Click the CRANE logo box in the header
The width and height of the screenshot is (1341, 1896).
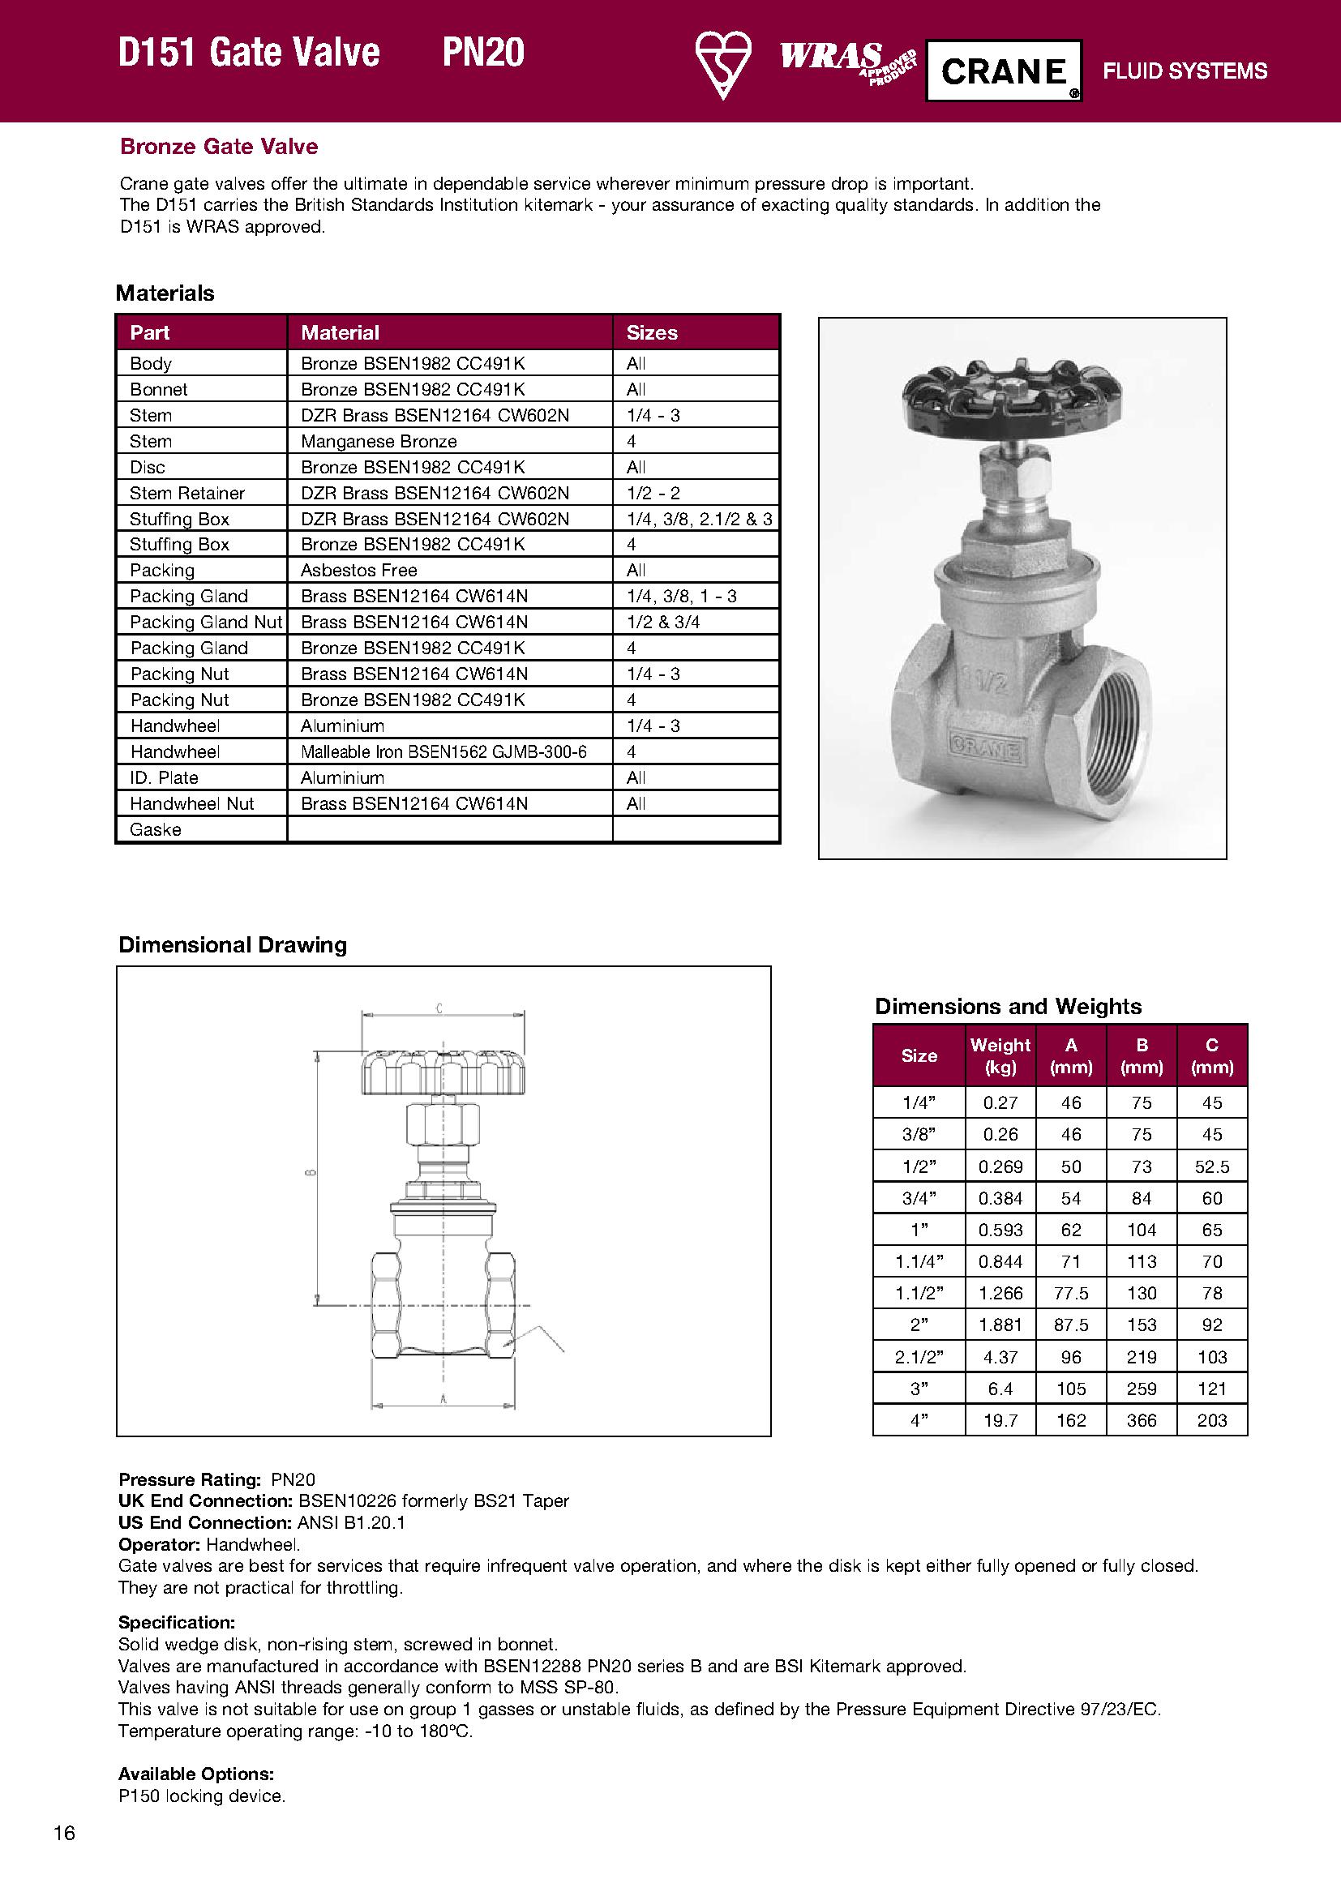click(1003, 71)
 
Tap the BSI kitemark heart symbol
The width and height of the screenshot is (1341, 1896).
click(722, 65)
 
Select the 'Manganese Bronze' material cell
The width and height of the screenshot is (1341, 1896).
click(378, 441)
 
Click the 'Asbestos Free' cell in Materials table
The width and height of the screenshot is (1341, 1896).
click(358, 570)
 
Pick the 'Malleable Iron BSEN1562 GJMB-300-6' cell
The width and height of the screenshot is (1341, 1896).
click(443, 751)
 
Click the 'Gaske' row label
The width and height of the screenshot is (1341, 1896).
click(155, 829)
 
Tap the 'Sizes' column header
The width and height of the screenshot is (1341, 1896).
click(652, 333)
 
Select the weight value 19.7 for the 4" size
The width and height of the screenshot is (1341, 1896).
click(1000, 1420)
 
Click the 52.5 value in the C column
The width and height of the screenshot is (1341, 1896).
click(1211, 1166)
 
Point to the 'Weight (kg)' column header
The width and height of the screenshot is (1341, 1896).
click(1000, 1055)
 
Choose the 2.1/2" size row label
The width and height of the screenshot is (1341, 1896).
click(919, 1357)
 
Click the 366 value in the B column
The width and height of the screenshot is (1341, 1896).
click(1142, 1420)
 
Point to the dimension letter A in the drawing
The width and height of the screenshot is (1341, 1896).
click(443, 1399)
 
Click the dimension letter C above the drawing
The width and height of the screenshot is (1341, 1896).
click(439, 1008)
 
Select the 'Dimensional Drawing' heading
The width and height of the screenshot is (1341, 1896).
click(232, 944)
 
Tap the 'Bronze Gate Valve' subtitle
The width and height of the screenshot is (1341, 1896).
click(219, 146)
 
